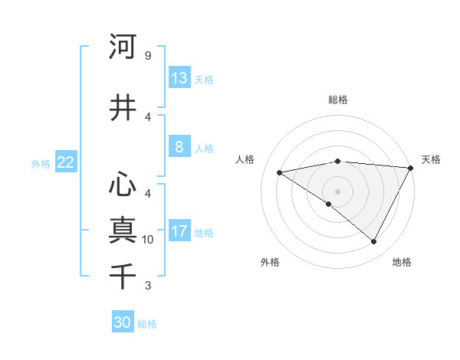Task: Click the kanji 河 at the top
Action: (123, 47)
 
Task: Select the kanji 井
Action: (123, 107)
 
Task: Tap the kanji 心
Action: (123, 185)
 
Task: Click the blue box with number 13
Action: (179, 78)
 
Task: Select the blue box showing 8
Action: (179, 147)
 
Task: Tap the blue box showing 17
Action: (179, 231)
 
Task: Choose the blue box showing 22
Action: (65, 162)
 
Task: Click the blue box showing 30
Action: (123, 322)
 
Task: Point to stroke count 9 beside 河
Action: (147, 56)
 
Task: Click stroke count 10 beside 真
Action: (148, 240)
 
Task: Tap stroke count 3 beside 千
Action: (147, 286)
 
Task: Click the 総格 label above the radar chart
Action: (337, 100)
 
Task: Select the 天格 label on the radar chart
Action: (431, 159)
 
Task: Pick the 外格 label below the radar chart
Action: (270, 263)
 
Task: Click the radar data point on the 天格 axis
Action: (411, 168)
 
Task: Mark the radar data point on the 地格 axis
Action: (374, 242)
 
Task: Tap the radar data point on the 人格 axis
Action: (280, 172)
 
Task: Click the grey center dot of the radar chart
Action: (337, 191)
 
